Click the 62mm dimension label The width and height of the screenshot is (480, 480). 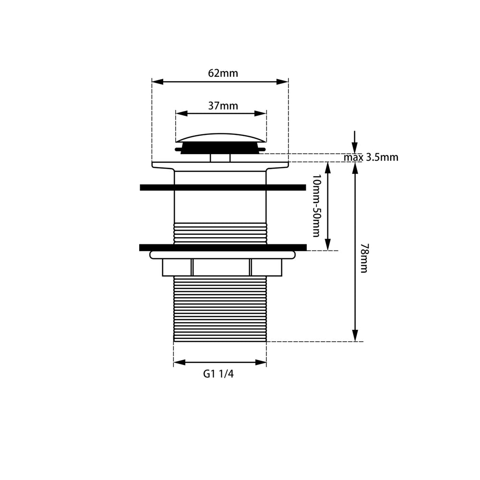coord(223,73)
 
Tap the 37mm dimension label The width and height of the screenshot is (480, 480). coord(223,106)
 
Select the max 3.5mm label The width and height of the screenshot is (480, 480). coord(371,157)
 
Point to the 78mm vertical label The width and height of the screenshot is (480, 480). coord(364,258)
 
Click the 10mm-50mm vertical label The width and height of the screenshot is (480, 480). coord(316,206)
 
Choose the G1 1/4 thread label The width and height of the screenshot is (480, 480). coord(218,374)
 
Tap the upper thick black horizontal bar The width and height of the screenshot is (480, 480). coord(223,187)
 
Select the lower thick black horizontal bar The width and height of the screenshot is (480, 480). coord(223,247)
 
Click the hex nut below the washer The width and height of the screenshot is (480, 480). coord(222,267)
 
